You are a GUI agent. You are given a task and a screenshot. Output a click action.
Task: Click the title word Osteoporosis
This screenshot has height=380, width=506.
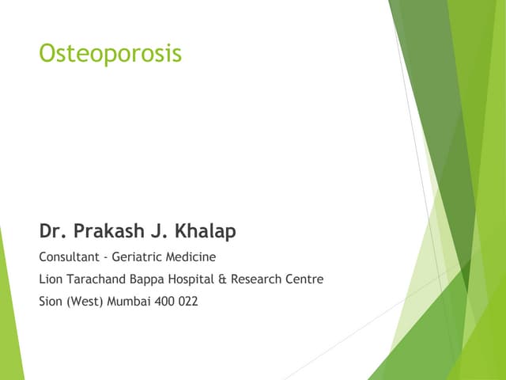click(x=110, y=54)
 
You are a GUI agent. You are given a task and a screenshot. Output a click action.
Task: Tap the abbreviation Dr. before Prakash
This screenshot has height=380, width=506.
click(x=53, y=232)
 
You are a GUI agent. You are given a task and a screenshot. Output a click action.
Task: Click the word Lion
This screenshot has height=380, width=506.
click(x=49, y=279)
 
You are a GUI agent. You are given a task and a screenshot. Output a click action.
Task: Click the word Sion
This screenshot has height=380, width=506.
click(x=50, y=301)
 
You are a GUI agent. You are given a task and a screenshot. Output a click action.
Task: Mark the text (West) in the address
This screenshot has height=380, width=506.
click(x=82, y=301)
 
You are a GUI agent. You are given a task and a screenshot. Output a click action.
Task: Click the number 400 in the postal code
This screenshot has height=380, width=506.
click(x=164, y=301)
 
